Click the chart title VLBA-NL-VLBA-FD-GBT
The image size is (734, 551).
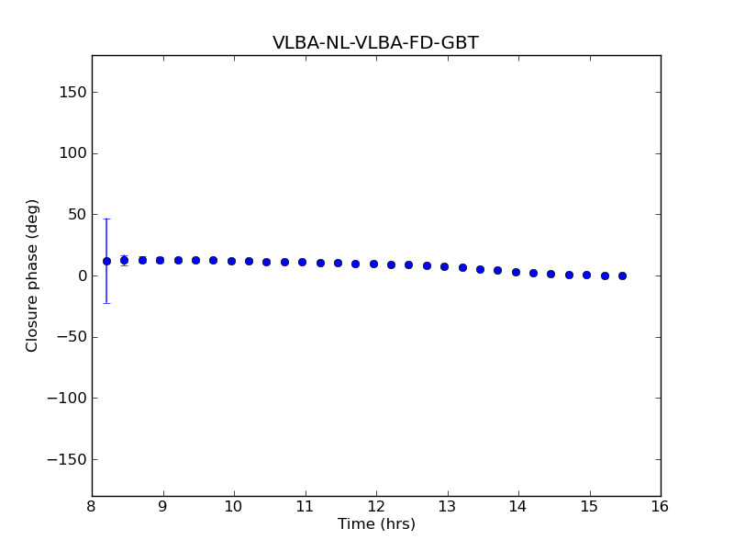pyautogui.click(x=375, y=43)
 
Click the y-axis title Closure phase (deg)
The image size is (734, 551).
pyautogui.click(x=33, y=275)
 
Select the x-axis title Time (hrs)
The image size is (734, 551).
pyautogui.click(x=376, y=524)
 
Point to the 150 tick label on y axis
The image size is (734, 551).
pyautogui.click(x=71, y=92)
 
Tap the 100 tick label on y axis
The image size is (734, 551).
pyautogui.click(x=71, y=153)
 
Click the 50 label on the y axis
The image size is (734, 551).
pyautogui.click(x=75, y=215)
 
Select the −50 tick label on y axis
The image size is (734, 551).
pyautogui.click(x=69, y=337)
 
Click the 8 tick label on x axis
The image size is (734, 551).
pyautogui.click(x=92, y=506)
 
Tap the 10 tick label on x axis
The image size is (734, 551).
pyautogui.click(x=234, y=506)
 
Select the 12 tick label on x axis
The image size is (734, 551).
pyautogui.click(x=376, y=506)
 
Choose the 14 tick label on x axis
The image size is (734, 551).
pyautogui.click(x=518, y=506)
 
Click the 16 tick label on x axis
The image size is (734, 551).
pyautogui.click(x=661, y=506)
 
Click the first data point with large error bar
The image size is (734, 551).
pyautogui.click(x=106, y=261)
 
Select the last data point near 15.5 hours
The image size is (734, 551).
pyautogui.click(x=622, y=275)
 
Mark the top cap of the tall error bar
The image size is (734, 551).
pyautogui.click(x=106, y=219)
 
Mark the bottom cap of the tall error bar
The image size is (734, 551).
pyautogui.click(x=106, y=303)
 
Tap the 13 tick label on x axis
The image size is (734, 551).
pyautogui.click(x=447, y=506)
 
